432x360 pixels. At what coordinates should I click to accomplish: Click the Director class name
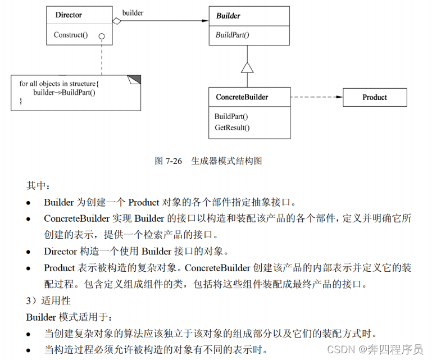[69, 15]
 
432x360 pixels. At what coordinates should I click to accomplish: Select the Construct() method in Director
[71, 35]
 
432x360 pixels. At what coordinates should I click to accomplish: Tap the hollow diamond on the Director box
[117, 21]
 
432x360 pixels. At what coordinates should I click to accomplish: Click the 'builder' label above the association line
[133, 13]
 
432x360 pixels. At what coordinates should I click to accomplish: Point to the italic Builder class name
[228, 16]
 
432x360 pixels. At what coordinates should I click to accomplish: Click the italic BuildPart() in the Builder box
[233, 35]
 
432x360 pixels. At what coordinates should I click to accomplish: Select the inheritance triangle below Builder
[247, 67]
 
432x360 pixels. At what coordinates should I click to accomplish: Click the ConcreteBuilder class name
[242, 97]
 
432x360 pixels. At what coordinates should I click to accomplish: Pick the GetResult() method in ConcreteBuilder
[232, 127]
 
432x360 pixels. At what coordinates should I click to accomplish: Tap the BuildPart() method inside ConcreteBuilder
[231, 117]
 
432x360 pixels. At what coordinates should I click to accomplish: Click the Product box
[375, 97]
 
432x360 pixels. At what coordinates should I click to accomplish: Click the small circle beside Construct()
[102, 36]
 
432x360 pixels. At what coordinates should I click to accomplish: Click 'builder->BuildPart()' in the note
[65, 92]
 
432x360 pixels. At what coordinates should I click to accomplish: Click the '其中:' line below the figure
[38, 186]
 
